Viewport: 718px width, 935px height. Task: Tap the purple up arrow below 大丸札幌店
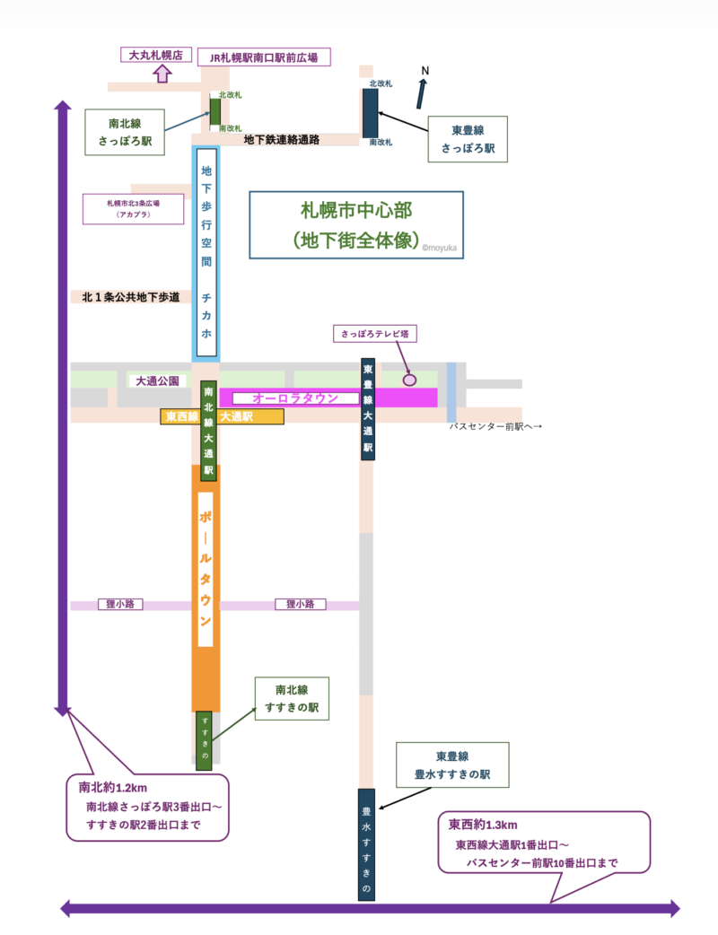tap(162, 74)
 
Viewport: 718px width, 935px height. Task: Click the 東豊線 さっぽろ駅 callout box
tap(468, 139)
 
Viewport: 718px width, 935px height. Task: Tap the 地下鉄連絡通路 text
tap(282, 140)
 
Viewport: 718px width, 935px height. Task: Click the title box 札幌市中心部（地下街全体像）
tap(356, 225)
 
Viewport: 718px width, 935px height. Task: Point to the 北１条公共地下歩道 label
tap(131, 296)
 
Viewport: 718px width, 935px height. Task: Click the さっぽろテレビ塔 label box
tap(374, 333)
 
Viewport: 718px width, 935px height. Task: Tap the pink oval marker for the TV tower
tap(410, 380)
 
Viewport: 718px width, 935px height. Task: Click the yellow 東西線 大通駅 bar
tap(222, 417)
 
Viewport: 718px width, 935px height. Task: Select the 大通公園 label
tap(157, 381)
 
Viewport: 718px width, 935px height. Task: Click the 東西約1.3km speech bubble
tap(543, 843)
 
